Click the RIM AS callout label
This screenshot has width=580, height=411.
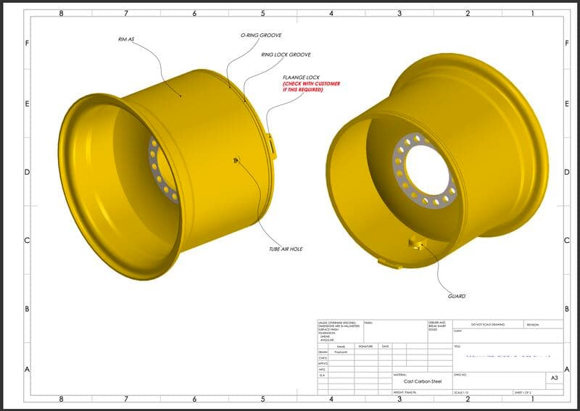pos(126,38)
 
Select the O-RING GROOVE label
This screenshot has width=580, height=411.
pos(260,35)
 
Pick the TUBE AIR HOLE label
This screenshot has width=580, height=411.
pos(285,249)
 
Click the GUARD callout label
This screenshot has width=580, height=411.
pos(457,296)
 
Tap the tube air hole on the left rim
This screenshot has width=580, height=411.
pos(236,160)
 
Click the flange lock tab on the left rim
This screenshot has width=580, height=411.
pos(272,143)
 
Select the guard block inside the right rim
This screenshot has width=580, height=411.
pos(416,241)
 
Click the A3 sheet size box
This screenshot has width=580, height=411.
pos(555,378)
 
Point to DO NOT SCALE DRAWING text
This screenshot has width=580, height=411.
pos(487,325)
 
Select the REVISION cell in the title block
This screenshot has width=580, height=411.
pos(533,325)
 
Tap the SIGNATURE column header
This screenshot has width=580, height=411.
pos(365,346)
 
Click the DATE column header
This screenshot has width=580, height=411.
pos(386,346)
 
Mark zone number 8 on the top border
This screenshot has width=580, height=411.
pos(61,13)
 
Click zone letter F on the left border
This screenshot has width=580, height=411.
pos(27,43)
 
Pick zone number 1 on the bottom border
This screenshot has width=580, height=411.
pos(534,399)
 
